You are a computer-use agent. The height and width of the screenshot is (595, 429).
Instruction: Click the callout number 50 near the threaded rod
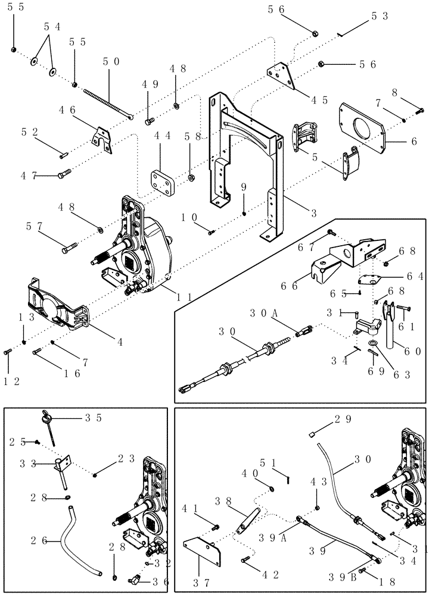pyautogui.click(x=111, y=61)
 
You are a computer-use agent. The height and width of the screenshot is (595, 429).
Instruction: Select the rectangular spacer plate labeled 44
pyautogui.click(x=161, y=180)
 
